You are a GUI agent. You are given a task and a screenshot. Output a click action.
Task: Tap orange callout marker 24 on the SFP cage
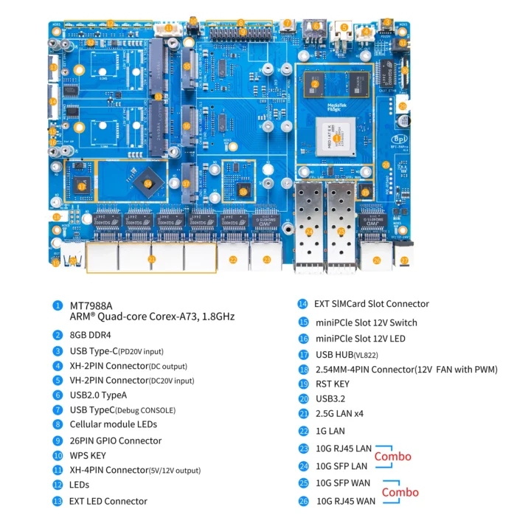coord(310,232)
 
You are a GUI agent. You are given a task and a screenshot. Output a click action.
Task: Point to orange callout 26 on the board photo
coord(377,260)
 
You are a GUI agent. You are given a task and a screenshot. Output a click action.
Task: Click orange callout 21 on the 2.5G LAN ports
coord(152,259)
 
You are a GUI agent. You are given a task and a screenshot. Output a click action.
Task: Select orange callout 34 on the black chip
coord(147,183)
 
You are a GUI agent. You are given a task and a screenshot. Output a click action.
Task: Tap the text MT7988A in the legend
coord(91,304)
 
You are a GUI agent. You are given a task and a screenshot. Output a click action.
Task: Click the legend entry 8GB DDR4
coord(94,334)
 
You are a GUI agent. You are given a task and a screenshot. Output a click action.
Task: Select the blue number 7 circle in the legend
coord(58,409)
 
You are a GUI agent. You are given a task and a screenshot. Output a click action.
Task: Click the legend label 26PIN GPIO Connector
coord(115,440)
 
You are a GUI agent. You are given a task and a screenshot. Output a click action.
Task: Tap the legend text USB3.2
coord(332,399)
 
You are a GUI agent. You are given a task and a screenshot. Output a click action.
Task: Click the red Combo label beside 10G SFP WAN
coord(400,492)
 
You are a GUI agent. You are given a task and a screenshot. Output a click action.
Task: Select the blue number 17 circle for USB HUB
coord(303,354)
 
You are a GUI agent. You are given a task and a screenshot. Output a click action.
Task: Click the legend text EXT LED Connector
coord(108,501)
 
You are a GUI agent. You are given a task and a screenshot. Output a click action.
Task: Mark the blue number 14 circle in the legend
coord(303,303)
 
